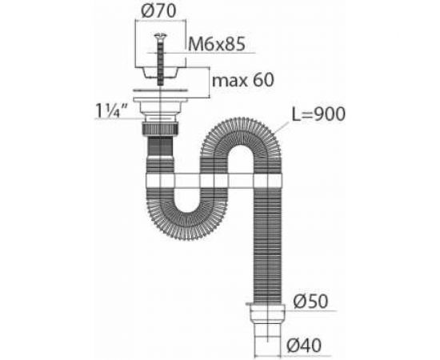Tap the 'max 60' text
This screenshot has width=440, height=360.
click(x=241, y=79)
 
